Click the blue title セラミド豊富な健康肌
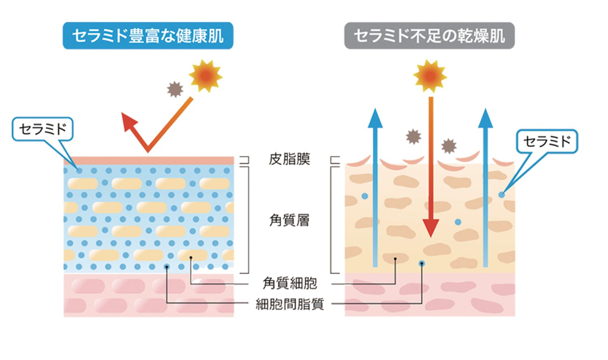point(148,36)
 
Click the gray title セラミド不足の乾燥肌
point(429,36)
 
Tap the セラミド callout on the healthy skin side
point(43,129)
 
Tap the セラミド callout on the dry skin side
point(547,141)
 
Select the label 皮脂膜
point(289,159)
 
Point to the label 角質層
point(289,220)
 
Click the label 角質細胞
point(290,283)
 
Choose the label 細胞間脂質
point(290,304)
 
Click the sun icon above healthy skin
point(206,76)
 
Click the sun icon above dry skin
point(430,76)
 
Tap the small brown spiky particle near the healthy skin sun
point(175,89)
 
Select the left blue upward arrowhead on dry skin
point(375,118)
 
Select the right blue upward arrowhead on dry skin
point(485,118)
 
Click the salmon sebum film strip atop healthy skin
point(149,161)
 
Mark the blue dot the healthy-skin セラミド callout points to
point(79,171)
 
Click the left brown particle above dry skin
point(413,137)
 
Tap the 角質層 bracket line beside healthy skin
point(248,220)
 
